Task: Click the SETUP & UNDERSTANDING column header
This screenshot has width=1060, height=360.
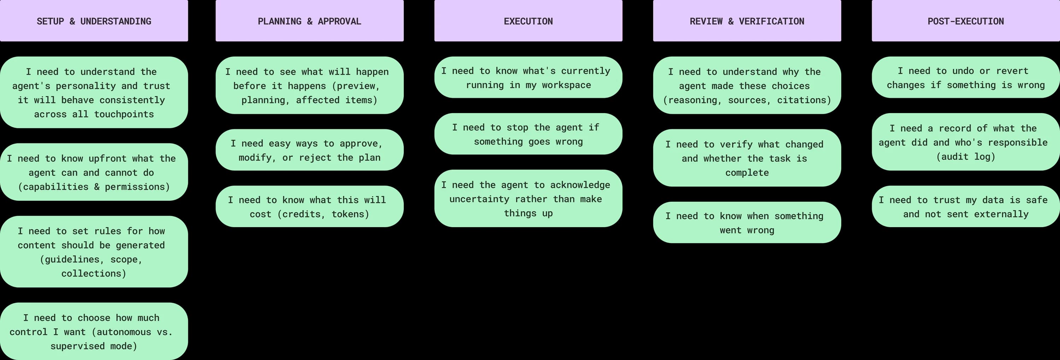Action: pos(94,21)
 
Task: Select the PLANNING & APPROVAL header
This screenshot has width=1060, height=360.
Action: pos(310,21)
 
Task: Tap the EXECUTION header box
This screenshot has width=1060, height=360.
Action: pos(528,21)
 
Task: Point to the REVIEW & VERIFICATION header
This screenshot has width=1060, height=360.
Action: pos(747,21)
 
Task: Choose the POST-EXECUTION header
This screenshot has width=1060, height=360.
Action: pos(965,21)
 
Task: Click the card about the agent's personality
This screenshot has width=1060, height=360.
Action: pos(94,93)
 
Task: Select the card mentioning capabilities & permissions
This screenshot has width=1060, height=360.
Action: pos(94,172)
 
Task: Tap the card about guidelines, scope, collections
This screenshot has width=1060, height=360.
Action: pos(94,252)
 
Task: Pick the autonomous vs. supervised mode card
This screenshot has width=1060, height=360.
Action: pos(94,332)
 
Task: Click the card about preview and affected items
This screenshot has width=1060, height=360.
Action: pos(310,85)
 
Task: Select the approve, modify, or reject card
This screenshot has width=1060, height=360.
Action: pos(310,150)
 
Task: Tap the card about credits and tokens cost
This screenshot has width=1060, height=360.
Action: pos(310,207)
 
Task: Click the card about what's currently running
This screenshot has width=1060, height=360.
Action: pos(528,78)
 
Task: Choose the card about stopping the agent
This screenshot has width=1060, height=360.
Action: pos(528,134)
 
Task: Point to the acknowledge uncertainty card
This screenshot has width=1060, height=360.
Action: pos(528,199)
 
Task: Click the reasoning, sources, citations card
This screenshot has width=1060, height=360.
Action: pos(747,85)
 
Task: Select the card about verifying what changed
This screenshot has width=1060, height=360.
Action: pos(747,158)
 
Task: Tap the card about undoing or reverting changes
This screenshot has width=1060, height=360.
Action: pos(965,78)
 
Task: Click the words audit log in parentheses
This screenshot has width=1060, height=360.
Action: pos(965,157)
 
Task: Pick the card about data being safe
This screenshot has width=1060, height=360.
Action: pos(965,207)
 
